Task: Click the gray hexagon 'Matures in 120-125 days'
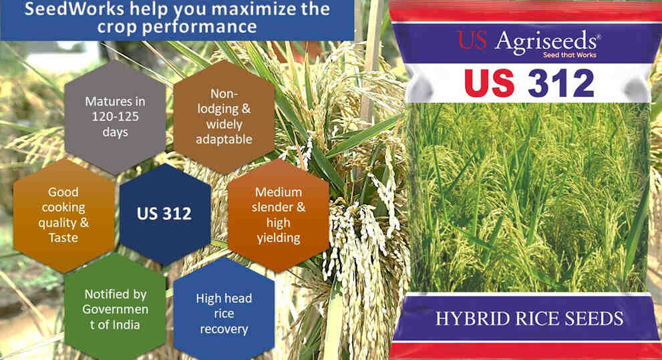point(115,117)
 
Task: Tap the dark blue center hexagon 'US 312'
point(164,214)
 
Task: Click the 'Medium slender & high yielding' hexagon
point(279,214)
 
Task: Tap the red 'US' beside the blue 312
point(489,84)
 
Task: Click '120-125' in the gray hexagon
point(115,117)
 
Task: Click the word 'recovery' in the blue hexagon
point(224,329)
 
